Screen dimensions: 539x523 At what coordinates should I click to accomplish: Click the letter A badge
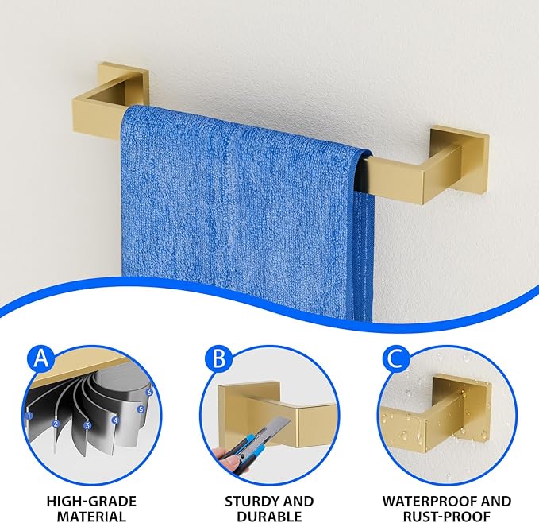41,359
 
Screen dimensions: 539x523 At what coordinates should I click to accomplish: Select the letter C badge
395,359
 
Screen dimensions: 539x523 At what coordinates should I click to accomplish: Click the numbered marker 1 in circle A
29,416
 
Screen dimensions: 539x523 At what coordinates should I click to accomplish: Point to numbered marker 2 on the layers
56,424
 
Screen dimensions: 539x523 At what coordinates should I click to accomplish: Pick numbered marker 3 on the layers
87,425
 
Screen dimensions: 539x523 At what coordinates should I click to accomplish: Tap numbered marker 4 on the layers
115,420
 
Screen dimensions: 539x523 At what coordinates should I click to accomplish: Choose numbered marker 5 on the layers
141,409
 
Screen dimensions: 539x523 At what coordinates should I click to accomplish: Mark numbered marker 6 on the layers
149,392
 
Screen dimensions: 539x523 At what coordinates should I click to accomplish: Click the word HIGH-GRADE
91,502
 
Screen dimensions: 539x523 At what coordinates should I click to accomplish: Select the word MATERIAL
91,517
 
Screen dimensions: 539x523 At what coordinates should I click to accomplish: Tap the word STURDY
251,502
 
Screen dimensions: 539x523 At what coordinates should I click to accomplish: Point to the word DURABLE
269,517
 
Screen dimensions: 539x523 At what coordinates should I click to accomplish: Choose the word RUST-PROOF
447,517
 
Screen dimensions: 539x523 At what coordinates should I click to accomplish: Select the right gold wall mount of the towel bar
447,165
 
